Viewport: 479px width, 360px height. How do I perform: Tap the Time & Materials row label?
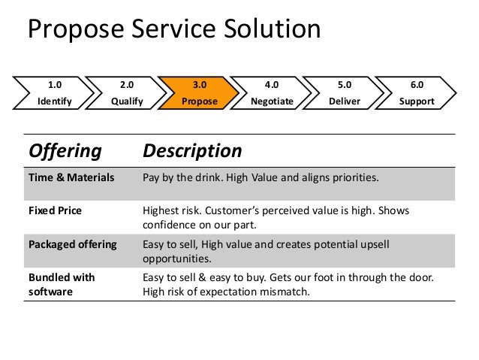[x=71, y=178]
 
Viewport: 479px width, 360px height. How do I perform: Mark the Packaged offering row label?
[x=72, y=245]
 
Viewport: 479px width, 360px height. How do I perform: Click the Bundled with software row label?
[x=62, y=284]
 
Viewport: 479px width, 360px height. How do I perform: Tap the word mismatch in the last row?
[x=282, y=292]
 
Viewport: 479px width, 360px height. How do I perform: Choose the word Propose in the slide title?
[x=69, y=29]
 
